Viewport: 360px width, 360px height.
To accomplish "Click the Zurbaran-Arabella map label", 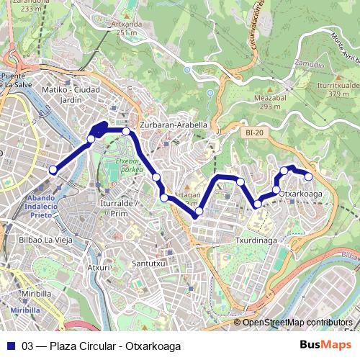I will pyautogui.click(x=174, y=125).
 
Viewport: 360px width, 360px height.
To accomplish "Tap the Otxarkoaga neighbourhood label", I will pyautogui.click(x=300, y=194).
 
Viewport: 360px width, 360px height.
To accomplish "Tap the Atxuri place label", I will pyautogui.click(x=99, y=267).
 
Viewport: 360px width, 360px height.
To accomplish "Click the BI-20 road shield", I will pyautogui.click(x=254, y=133).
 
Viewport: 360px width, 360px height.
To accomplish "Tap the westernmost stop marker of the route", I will pyautogui.click(x=53, y=170).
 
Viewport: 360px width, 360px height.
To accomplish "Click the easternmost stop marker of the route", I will pyautogui.click(x=309, y=176).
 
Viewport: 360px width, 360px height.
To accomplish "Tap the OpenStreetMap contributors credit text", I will pyautogui.click(x=297, y=323).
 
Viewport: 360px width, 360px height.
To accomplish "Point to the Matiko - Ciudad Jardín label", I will pyautogui.click(x=70, y=94).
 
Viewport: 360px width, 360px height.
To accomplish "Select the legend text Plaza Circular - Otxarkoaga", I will pyautogui.click(x=107, y=346).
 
